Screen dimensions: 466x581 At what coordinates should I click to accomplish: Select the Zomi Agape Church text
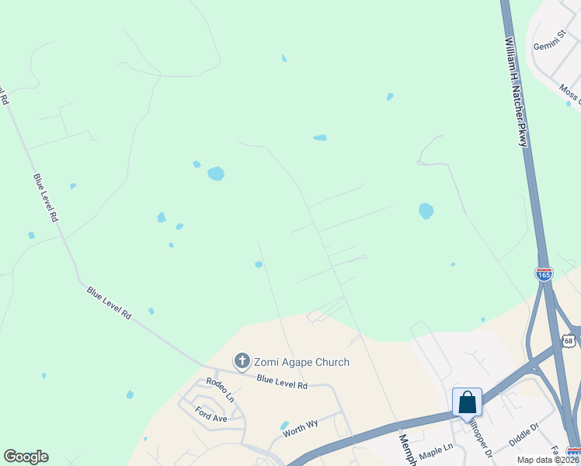click(302, 362)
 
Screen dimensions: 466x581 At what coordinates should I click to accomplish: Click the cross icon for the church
click(242, 361)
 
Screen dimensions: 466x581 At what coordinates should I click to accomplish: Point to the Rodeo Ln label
click(219, 389)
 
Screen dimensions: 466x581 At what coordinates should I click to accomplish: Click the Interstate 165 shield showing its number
click(544, 274)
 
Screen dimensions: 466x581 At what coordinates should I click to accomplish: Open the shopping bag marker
click(467, 403)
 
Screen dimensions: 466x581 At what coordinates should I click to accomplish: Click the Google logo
click(26, 457)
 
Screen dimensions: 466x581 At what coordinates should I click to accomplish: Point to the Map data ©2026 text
click(548, 460)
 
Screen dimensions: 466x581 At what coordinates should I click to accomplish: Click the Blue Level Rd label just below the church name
click(282, 382)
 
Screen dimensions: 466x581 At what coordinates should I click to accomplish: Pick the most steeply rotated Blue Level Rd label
click(45, 197)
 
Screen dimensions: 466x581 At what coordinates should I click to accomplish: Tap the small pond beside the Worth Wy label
click(284, 426)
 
